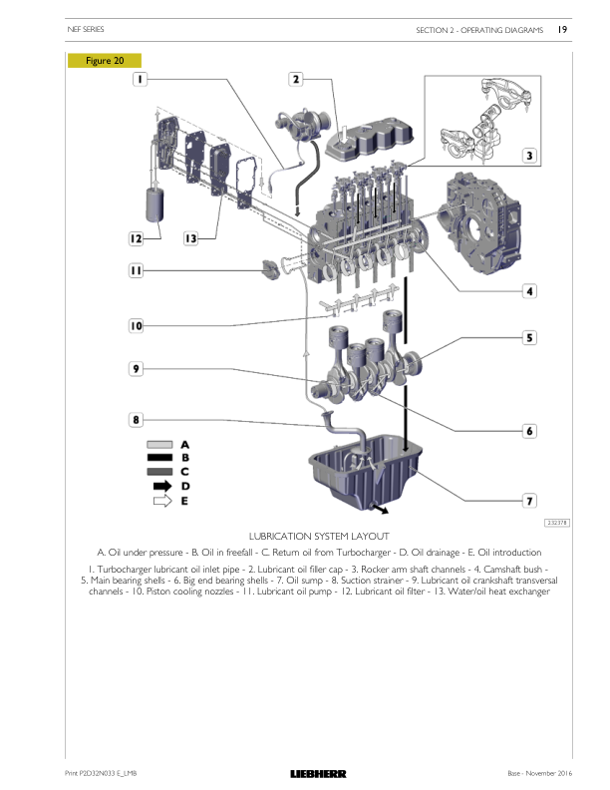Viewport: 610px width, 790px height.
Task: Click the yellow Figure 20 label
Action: click(105, 61)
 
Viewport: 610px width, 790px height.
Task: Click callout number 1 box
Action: click(140, 79)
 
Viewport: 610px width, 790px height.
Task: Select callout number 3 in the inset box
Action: click(529, 156)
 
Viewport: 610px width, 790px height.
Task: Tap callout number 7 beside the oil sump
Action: click(529, 501)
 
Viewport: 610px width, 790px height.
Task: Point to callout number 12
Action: click(136, 238)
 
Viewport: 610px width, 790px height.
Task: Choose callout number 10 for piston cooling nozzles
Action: click(136, 326)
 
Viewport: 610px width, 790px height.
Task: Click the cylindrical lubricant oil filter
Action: click(154, 204)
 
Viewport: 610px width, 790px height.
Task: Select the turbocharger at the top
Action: click(302, 125)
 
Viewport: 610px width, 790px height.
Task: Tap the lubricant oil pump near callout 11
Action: click(271, 269)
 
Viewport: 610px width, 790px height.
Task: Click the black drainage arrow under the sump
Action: click(380, 510)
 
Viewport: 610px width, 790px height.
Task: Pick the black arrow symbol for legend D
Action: click(162, 486)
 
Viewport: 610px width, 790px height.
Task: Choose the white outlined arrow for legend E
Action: click(162, 501)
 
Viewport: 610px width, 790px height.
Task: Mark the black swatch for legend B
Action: click(159, 458)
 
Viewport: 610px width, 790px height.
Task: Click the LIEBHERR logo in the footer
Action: click(318, 774)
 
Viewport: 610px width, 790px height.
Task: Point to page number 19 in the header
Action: click(562, 29)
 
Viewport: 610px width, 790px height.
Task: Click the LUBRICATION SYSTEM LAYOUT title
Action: click(319, 536)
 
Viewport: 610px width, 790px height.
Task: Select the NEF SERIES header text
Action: click(86, 29)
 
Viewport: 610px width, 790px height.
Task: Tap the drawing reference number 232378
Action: click(556, 523)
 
